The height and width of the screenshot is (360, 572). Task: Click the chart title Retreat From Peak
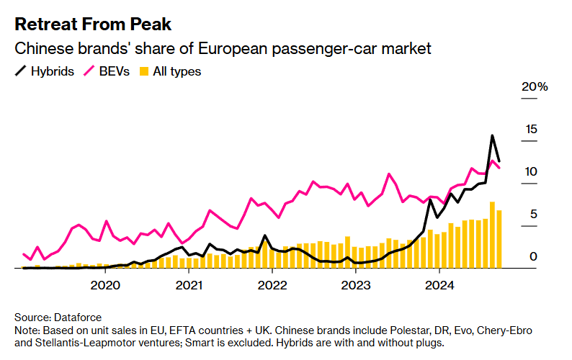(93, 24)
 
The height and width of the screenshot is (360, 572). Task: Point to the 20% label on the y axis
(535, 87)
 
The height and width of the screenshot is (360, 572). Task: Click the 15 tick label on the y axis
(532, 130)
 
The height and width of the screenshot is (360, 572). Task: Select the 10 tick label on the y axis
(532, 171)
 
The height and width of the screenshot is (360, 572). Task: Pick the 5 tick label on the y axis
(534, 214)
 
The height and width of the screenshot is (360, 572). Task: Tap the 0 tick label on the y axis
(534, 256)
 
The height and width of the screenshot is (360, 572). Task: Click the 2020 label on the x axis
(106, 285)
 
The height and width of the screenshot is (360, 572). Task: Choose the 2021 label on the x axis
(189, 285)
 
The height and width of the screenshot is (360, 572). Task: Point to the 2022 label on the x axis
(272, 285)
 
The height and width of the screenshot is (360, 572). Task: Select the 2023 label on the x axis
(355, 285)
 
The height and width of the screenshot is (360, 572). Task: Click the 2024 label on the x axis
(438, 285)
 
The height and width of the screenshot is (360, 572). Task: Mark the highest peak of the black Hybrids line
(492, 135)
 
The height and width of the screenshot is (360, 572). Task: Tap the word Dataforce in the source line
(76, 317)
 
